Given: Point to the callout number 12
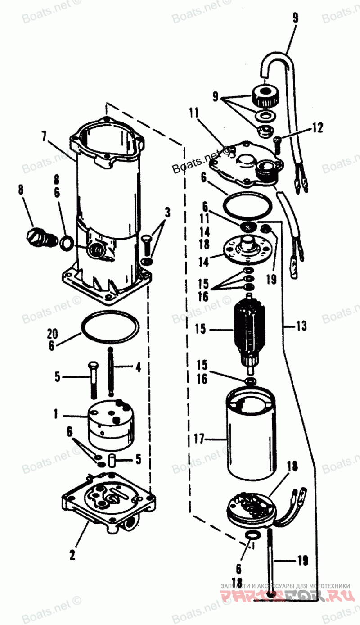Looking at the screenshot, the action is [x=317, y=128].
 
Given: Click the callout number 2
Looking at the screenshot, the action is [x=72, y=555].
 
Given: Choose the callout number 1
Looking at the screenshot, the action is [x=56, y=413].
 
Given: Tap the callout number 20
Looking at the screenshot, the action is [x=53, y=334].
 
